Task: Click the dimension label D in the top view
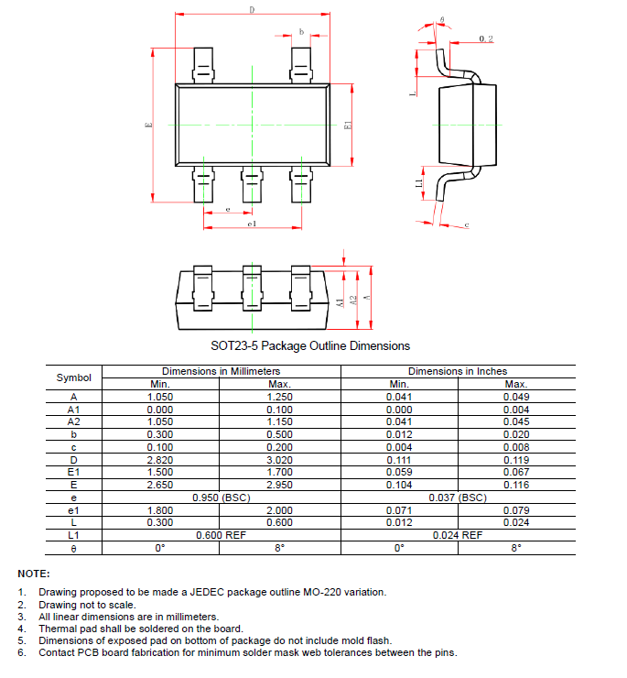point(252,10)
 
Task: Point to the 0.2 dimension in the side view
point(486,38)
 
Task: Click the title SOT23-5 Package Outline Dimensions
point(310,345)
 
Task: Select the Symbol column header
point(74,377)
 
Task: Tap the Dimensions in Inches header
point(458,371)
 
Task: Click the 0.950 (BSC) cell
point(221,498)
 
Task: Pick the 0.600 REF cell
point(221,534)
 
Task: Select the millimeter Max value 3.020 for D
point(280,459)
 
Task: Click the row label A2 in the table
point(74,421)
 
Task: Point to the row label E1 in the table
point(74,472)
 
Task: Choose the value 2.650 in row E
point(160,485)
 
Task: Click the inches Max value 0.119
point(516,459)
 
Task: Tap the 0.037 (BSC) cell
point(458,498)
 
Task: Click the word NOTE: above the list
point(34,573)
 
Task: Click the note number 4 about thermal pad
point(21,629)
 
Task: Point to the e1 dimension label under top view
point(251,223)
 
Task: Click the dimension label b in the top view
point(301,32)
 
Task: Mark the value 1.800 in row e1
point(160,510)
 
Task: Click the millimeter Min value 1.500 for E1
point(160,472)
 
